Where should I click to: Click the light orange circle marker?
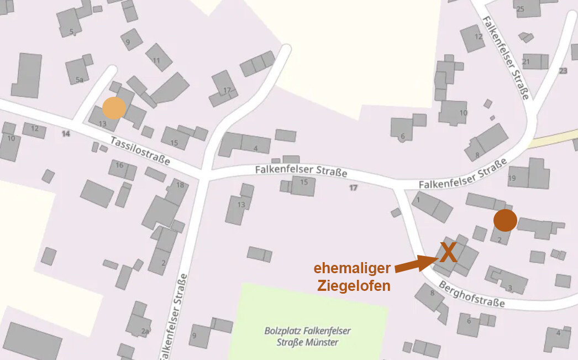point(114,108)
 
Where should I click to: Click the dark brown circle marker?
point(505,220)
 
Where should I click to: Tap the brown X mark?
point(448,252)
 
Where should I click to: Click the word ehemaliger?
point(353,268)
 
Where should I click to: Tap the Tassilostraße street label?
point(140,151)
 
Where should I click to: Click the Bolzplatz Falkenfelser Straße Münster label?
point(307,336)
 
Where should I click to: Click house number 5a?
point(80,80)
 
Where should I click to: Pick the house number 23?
point(563,71)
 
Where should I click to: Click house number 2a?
point(145,331)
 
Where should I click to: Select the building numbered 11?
point(157,60)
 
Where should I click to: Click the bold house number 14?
point(66,134)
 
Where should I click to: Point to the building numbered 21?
point(527,61)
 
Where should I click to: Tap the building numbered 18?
point(180,185)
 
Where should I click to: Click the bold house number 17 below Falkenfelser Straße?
point(354,188)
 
